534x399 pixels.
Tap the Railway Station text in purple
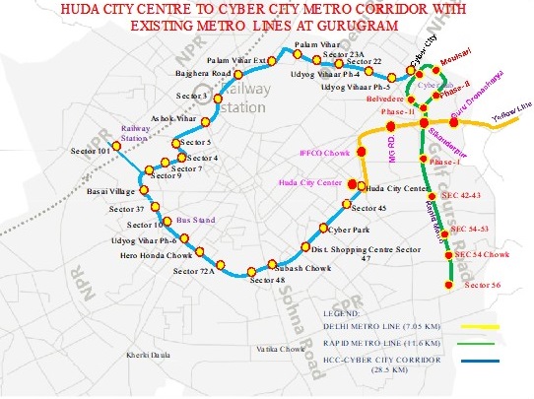pos(133,133)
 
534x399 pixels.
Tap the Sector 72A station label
pos(193,271)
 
